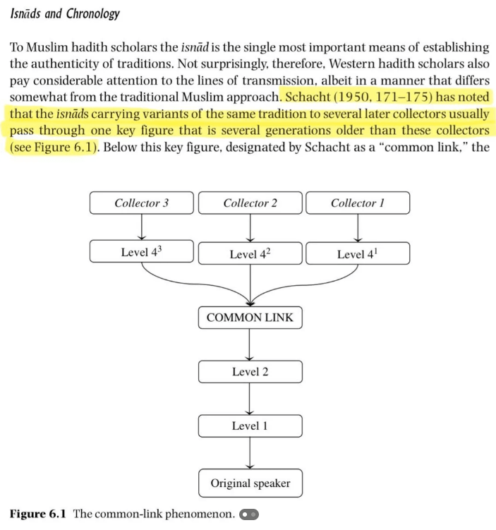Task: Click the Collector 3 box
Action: tap(142, 203)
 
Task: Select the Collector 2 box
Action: tap(250, 203)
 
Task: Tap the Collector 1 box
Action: tap(358, 203)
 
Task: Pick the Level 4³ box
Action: tap(142, 253)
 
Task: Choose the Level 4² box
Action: tap(250, 253)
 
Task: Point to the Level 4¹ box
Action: tap(358, 253)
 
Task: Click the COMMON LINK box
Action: tap(250, 318)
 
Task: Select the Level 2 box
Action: tap(250, 371)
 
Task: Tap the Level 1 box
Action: tap(250, 426)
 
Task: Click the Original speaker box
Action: tap(250, 483)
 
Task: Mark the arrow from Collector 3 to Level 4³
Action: tap(142, 227)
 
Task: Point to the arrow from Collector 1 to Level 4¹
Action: tap(358, 227)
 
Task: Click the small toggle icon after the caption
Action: tap(248, 514)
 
